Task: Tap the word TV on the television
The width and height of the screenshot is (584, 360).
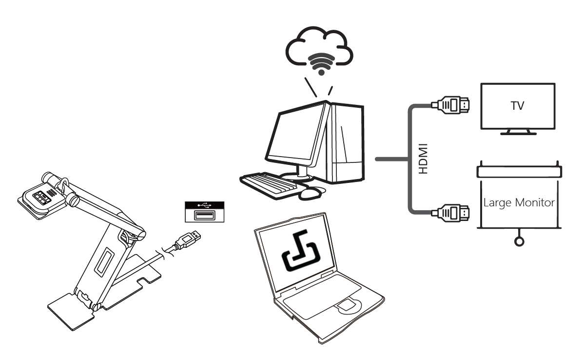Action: (x=517, y=106)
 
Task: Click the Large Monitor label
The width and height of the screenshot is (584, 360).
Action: (x=519, y=202)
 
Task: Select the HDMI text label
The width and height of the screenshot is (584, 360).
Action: (x=423, y=159)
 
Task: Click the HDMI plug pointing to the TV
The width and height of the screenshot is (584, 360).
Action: (x=451, y=104)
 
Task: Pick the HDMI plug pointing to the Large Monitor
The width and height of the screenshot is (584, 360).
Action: (x=451, y=213)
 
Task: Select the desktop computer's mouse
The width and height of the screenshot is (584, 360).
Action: (x=311, y=193)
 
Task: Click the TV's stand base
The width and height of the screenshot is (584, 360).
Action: (x=518, y=132)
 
